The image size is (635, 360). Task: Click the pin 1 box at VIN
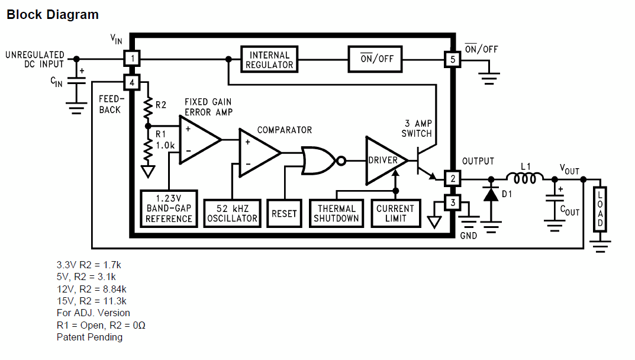[x=132, y=59]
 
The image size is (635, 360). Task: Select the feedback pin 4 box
[x=132, y=83]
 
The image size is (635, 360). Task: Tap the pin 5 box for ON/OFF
[x=453, y=60]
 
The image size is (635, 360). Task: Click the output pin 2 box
[x=453, y=178]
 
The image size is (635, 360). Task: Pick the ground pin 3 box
[x=453, y=202]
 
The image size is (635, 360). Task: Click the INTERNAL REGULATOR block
[x=269, y=60]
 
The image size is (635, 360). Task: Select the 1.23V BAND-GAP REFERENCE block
[x=169, y=208]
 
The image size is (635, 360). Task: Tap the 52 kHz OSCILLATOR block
[x=232, y=213]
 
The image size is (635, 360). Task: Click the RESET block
[x=284, y=213]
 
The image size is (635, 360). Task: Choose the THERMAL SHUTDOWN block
[x=336, y=213]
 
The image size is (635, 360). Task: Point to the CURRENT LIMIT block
[x=396, y=213]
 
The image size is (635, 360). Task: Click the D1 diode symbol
[x=491, y=194]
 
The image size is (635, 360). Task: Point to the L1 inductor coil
[x=525, y=178]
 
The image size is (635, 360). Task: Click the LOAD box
[x=599, y=209]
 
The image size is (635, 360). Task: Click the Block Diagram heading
[x=53, y=15]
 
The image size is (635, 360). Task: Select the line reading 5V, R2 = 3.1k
[x=86, y=277]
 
